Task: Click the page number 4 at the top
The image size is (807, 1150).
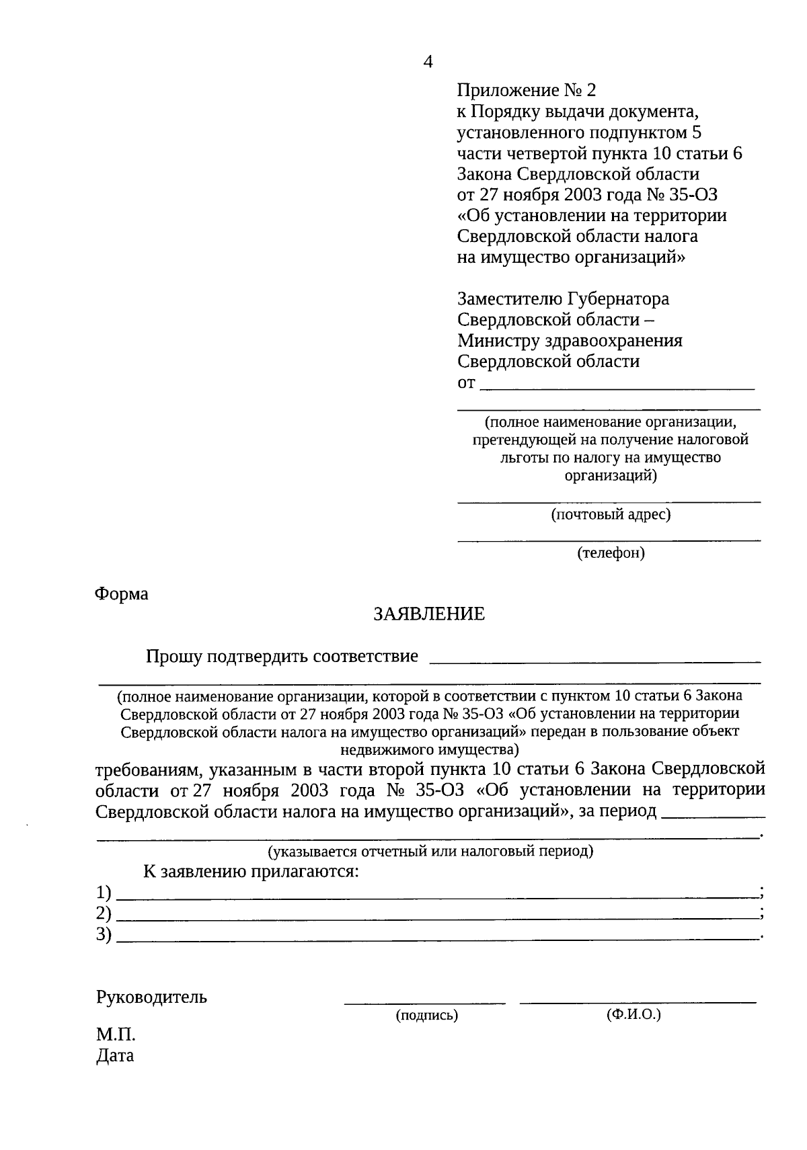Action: [x=428, y=62]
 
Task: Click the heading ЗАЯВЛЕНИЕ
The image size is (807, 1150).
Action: [x=429, y=614]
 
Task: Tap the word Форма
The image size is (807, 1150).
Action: [x=121, y=594]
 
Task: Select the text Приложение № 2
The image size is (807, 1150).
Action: [x=527, y=90]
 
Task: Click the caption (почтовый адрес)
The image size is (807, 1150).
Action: [x=611, y=515]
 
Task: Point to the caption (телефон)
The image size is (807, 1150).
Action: [x=611, y=553]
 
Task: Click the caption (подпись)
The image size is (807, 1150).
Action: [x=427, y=1015]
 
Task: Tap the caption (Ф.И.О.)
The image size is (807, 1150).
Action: [x=633, y=1014]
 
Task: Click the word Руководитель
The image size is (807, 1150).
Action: [x=152, y=997]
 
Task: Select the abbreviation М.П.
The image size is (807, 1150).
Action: [x=116, y=1035]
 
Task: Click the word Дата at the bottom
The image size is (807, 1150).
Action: [x=115, y=1055]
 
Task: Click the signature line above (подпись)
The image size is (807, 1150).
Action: [x=425, y=1003]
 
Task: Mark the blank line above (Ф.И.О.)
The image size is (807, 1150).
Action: [x=638, y=1002]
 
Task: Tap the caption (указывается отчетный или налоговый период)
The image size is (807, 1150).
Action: [x=430, y=852]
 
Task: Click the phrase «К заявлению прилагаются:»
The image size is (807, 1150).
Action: [x=251, y=872]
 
